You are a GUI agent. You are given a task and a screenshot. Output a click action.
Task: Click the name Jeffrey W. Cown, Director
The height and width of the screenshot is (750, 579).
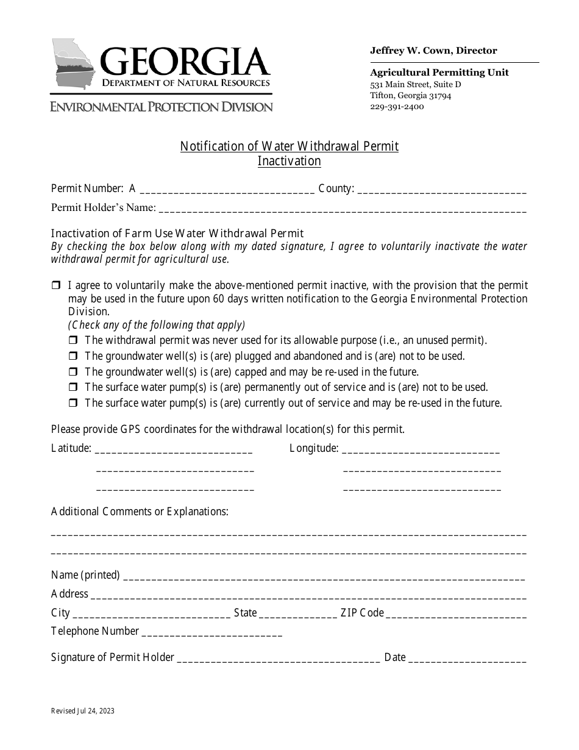[x=433, y=51]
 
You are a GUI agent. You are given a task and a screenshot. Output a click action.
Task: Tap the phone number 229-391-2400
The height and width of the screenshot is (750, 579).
[x=397, y=106]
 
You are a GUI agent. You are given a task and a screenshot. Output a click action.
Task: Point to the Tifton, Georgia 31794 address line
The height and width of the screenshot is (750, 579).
[x=411, y=95]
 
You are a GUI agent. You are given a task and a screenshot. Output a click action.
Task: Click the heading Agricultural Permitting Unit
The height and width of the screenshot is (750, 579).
[x=439, y=73]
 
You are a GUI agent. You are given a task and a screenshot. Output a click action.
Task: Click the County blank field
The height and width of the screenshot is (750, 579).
[x=441, y=190]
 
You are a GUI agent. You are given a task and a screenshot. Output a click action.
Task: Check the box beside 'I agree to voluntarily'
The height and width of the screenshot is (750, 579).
[x=56, y=285]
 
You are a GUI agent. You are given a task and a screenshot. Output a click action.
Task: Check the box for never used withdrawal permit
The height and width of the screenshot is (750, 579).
[x=73, y=340]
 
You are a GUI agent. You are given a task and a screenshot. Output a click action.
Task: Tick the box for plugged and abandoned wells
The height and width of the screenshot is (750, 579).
[x=73, y=356]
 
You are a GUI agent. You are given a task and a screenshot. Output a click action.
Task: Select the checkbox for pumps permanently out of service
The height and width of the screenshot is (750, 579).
[x=73, y=387]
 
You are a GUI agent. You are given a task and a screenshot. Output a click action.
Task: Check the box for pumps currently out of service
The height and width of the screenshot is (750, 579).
[x=73, y=403]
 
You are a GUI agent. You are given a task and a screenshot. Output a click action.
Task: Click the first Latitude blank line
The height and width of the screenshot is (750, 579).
[x=174, y=449]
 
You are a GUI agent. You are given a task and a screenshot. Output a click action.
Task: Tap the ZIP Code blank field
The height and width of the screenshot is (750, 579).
[x=456, y=613]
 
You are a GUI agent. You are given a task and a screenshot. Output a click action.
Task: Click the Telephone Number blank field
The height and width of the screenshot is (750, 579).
[x=211, y=632]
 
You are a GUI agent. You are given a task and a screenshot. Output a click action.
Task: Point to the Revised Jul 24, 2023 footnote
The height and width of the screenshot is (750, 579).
[x=82, y=711]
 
